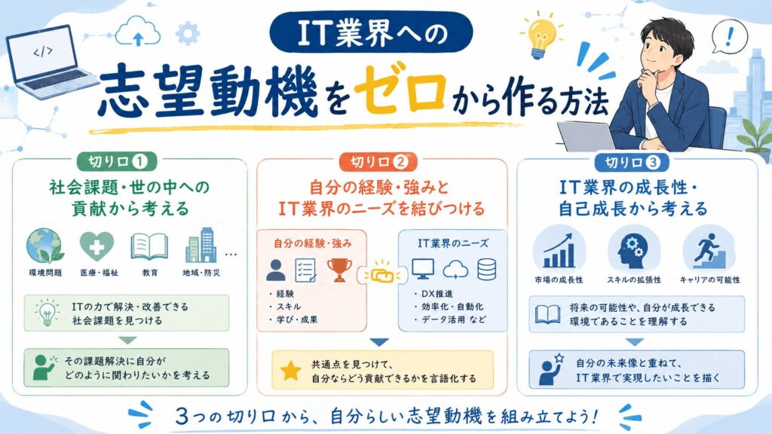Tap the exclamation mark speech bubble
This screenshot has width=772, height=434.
coord(729,36)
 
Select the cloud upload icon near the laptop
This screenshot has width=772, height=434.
coord(138,31)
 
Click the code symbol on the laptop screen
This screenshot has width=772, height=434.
coord(43,51)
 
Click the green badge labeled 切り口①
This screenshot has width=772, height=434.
coord(117,161)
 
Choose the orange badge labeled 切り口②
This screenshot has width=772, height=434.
coord(378,162)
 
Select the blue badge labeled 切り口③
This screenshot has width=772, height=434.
coord(633,162)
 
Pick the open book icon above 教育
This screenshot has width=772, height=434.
coord(149,246)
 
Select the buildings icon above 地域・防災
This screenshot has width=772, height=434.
coord(201,246)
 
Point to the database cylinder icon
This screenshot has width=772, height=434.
coord(486,270)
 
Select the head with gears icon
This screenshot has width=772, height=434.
coord(633,250)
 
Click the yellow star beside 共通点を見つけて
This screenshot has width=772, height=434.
coord(291,371)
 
